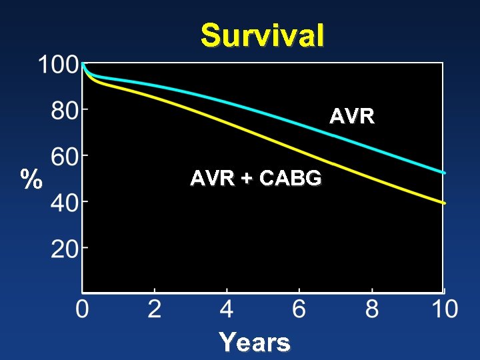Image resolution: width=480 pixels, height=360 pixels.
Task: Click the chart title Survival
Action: tap(263, 35)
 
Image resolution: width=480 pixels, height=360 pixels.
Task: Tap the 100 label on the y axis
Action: tap(58, 65)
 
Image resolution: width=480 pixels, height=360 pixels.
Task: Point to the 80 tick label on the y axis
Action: tap(65, 111)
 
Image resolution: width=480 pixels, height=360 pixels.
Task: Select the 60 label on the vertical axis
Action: tap(65, 157)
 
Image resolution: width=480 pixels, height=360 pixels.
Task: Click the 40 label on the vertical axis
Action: tap(65, 202)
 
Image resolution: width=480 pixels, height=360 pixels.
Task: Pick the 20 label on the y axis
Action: tap(65, 249)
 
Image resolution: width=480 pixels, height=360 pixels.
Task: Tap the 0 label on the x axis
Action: tap(82, 310)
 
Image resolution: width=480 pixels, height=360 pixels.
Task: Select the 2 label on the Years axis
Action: tap(154, 310)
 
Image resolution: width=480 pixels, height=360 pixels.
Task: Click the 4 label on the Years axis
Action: tap(227, 310)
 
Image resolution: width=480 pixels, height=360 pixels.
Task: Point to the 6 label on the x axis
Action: tap(299, 310)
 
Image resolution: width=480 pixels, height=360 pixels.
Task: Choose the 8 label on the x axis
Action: tap(371, 310)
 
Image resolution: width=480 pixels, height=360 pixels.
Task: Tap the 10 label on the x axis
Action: tap(443, 310)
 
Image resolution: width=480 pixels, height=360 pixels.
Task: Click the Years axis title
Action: tap(255, 343)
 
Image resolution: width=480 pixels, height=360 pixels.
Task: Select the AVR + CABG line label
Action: tap(256, 179)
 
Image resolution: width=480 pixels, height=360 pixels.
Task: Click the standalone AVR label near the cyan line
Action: tap(352, 117)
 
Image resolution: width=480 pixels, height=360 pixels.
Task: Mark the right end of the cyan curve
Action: tap(444, 173)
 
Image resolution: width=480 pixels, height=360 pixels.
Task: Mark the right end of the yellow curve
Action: tap(444, 203)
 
